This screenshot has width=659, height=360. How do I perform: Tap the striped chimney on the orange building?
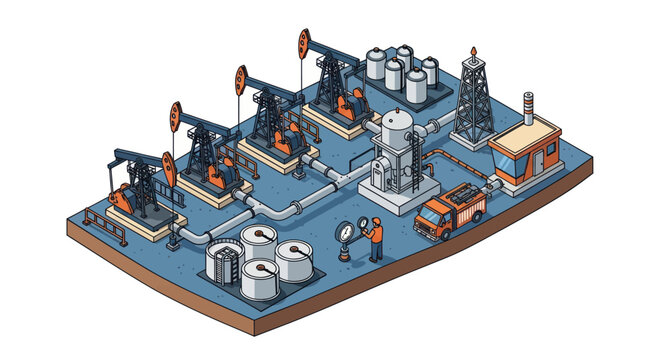(528, 107)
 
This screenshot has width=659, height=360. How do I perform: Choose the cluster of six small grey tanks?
(400, 72)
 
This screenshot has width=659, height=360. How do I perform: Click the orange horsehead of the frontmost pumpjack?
(168, 170)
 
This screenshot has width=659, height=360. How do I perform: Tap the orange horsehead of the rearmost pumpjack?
(304, 43)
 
